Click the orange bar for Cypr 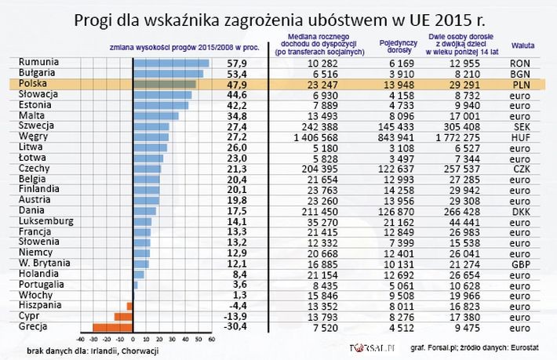pos(124,316)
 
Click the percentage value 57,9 pos(237,63)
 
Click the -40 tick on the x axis pos(80,340)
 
